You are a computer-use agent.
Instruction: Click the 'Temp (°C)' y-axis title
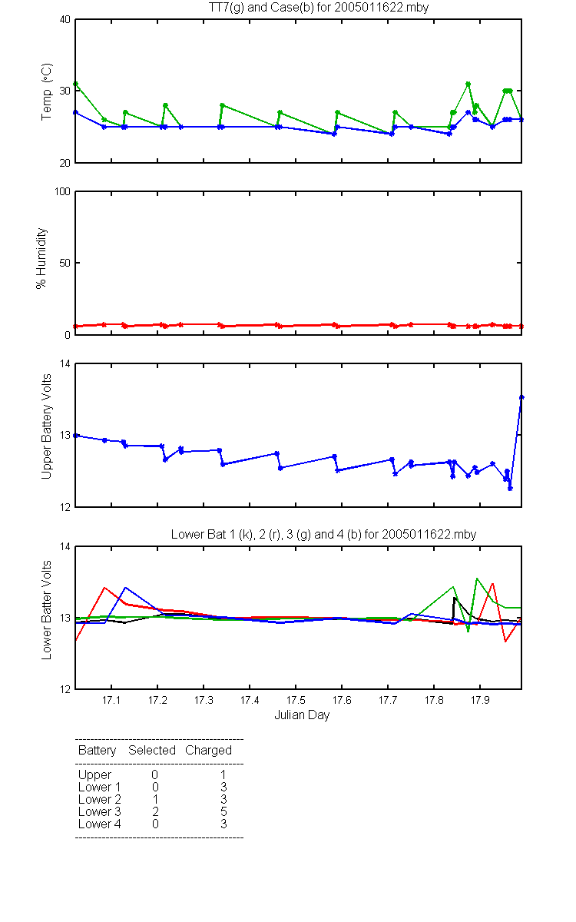(x=47, y=91)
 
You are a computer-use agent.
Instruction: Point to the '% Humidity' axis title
(x=41, y=258)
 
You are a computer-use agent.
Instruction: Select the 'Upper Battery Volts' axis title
(x=47, y=426)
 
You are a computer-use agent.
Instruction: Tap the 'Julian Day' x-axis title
(x=302, y=715)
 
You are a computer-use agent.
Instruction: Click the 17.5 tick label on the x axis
(x=296, y=700)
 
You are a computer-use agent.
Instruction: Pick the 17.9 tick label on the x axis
(x=480, y=700)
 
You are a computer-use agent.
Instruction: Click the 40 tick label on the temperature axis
(x=65, y=20)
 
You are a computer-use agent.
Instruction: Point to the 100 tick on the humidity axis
(x=62, y=192)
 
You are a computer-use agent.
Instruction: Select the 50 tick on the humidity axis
(x=65, y=263)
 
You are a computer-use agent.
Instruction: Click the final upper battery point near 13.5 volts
(x=521, y=397)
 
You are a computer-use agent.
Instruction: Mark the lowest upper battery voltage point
(x=510, y=488)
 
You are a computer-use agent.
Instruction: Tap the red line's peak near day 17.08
(x=104, y=587)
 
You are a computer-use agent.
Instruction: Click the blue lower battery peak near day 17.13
(x=125, y=587)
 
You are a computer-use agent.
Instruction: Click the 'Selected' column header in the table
(x=152, y=751)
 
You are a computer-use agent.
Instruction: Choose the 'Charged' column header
(x=208, y=751)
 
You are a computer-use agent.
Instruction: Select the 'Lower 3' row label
(x=100, y=811)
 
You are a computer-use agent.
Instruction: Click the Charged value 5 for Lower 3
(x=223, y=811)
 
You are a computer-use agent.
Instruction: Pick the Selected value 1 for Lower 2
(x=155, y=799)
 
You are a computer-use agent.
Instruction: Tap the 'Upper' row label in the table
(x=94, y=775)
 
